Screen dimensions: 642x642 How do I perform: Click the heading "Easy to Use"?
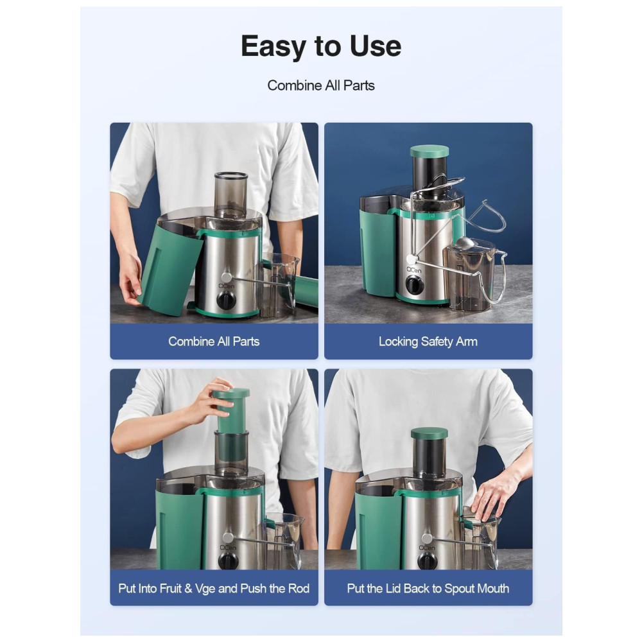pyautogui.click(x=321, y=46)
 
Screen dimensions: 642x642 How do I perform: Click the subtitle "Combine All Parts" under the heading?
pyautogui.click(x=321, y=85)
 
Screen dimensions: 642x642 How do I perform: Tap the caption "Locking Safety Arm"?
pyautogui.click(x=428, y=342)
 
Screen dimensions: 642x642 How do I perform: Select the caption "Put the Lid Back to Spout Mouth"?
pyautogui.click(x=428, y=588)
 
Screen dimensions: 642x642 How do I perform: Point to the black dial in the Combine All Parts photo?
pyautogui.click(x=226, y=301)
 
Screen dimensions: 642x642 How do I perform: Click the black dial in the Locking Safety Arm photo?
pyautogui.click(x=414, y=285)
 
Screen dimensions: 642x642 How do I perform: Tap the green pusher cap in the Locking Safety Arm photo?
pyautogui.click(x=429, y=151)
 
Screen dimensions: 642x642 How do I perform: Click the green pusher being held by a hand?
pyautogui.click(x=231, y=411)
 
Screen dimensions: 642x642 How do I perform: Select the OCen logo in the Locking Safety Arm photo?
pyautogui.click(x=413, y=270)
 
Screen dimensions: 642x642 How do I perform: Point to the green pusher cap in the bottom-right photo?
pyautogui.click(x=429, y=433)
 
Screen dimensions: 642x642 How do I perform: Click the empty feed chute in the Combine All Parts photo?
pyautogui.click(x=231, y=195)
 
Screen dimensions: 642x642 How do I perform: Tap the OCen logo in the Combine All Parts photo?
pyautogui.click(x=227, y=286)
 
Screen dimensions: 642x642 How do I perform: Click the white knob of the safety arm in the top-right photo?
pyautogui.click(x=411, y=259)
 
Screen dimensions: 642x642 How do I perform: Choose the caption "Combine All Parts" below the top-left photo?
pyautogui.click(x=214, y=342)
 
